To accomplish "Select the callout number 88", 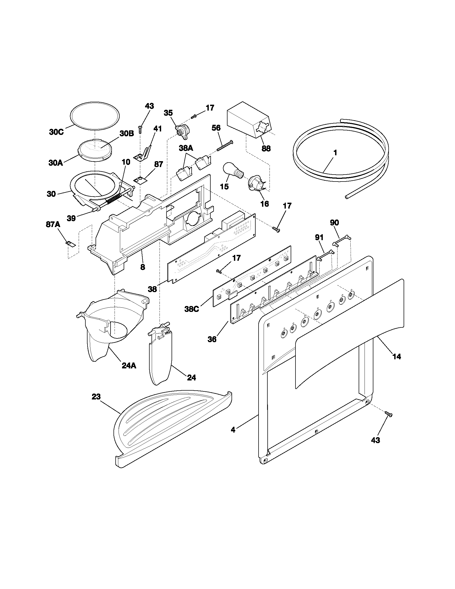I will (266, 148).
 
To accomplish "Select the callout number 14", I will (396, 357).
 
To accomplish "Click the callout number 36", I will (212, 339).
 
